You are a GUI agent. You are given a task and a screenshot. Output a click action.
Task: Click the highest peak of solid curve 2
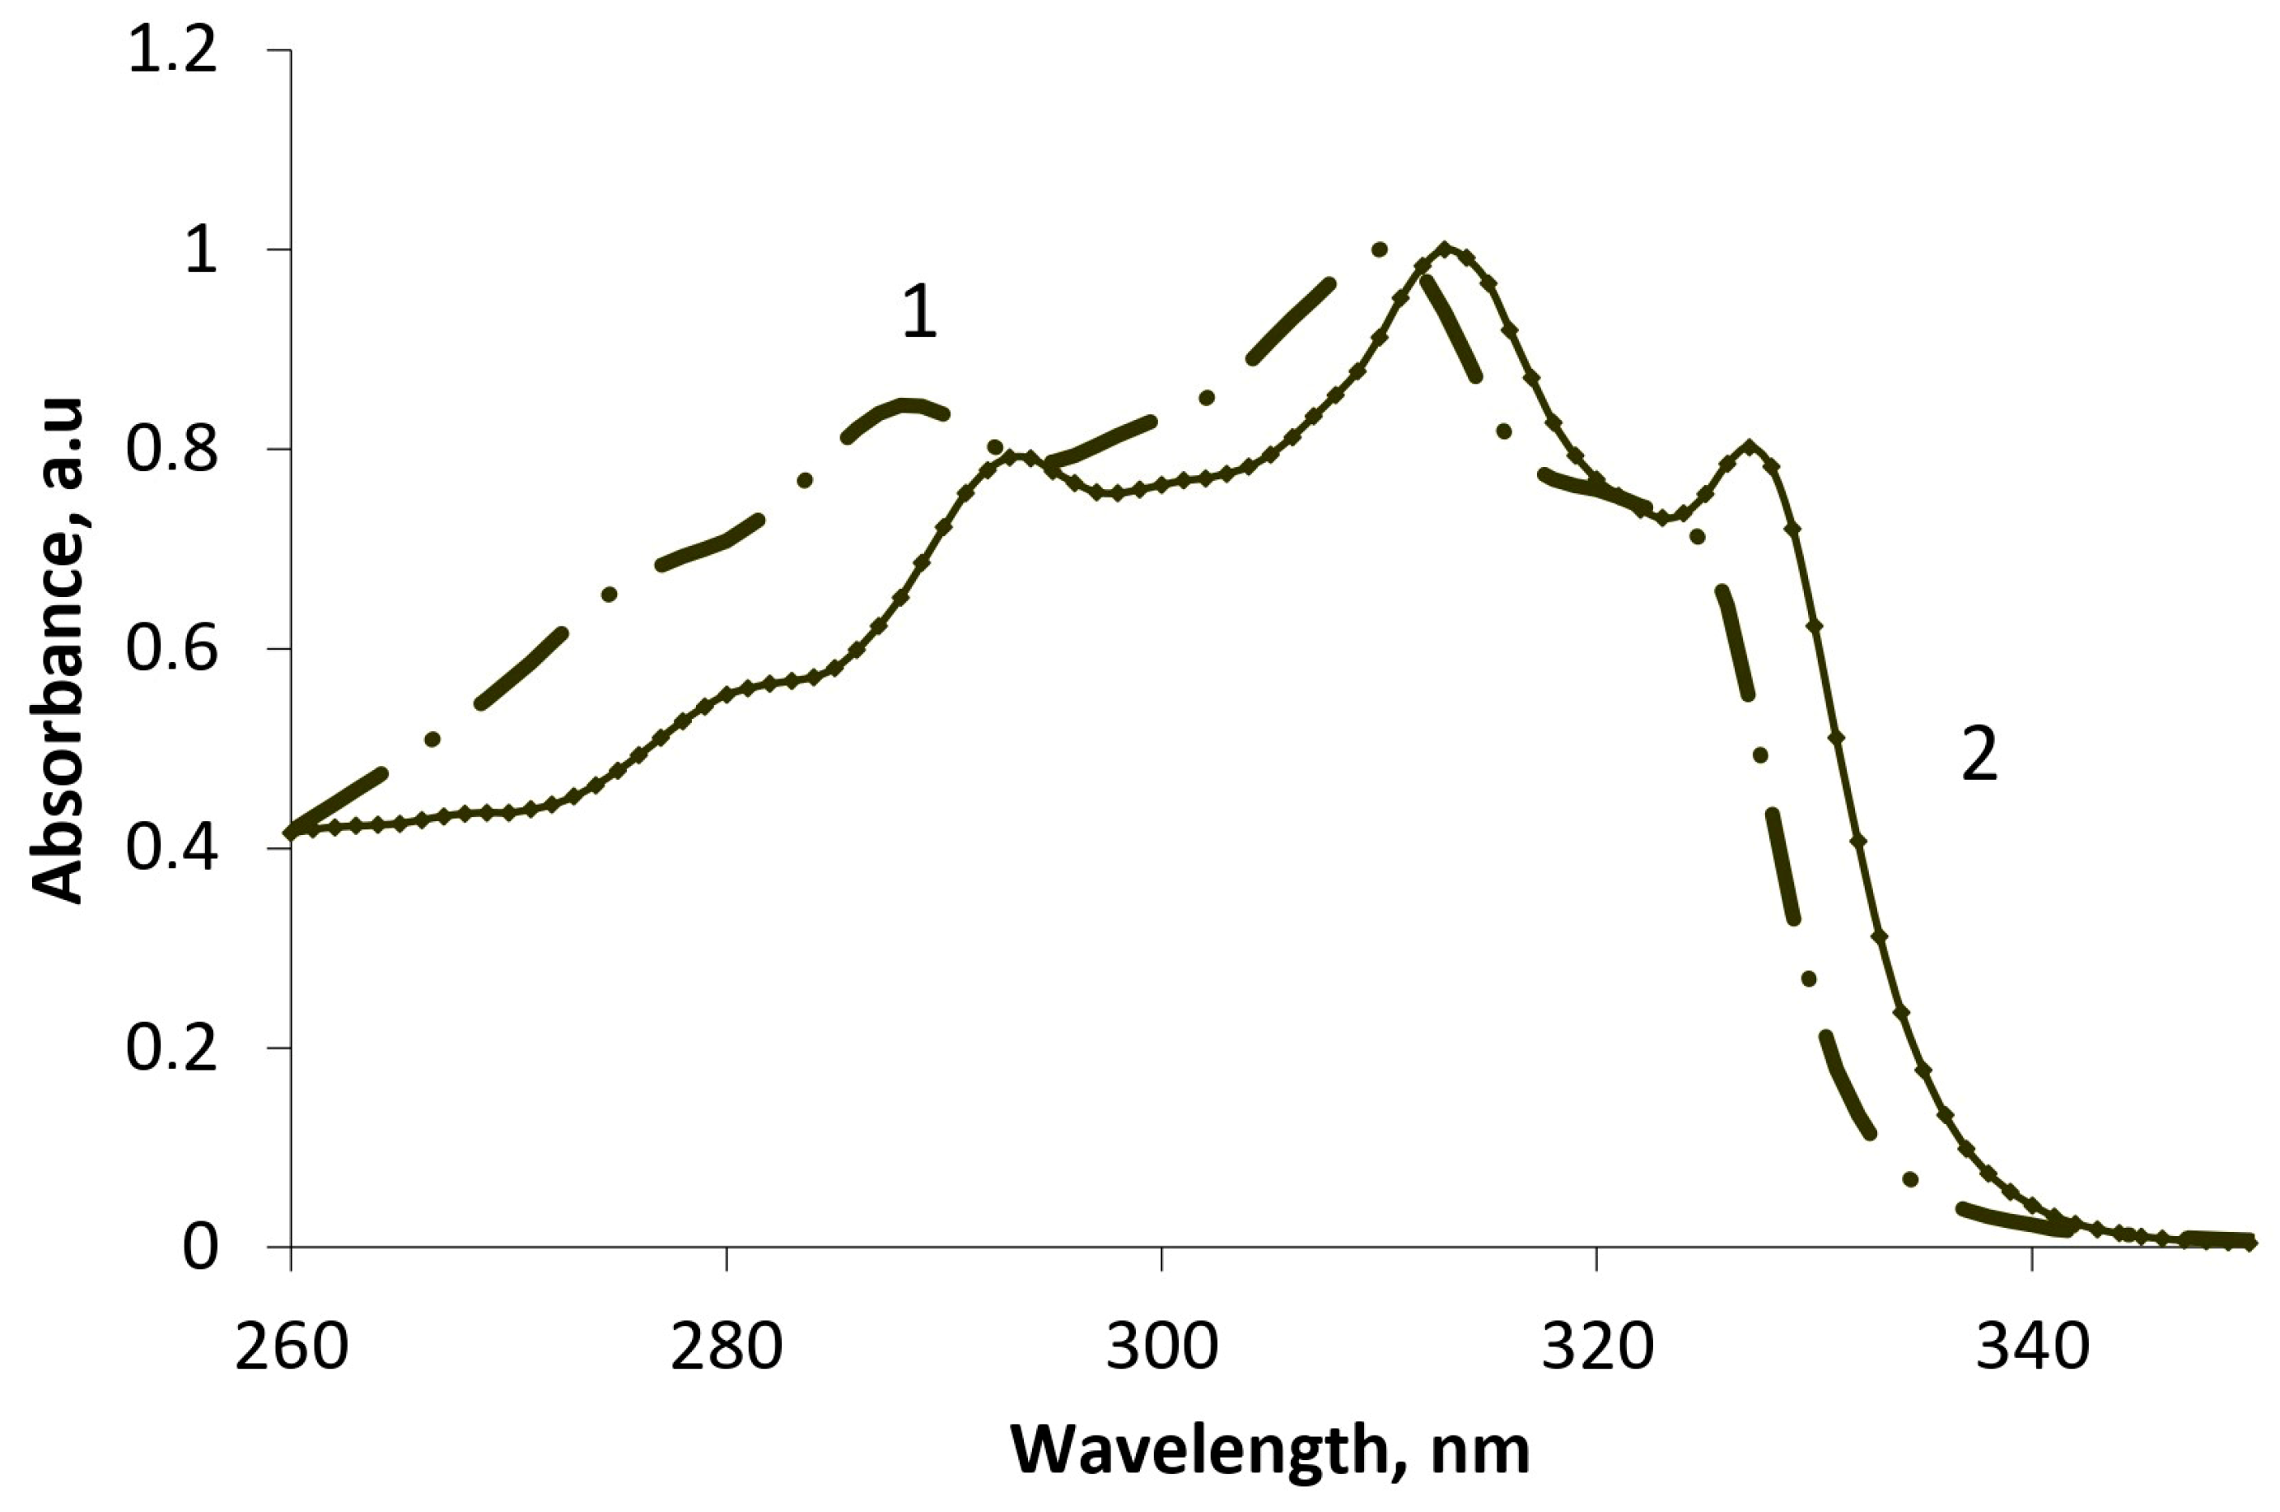(1444, 248)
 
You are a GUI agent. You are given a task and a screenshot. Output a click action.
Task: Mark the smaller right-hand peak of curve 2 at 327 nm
(1749, 446)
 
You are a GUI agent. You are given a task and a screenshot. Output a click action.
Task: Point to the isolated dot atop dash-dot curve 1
(1379, 250)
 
